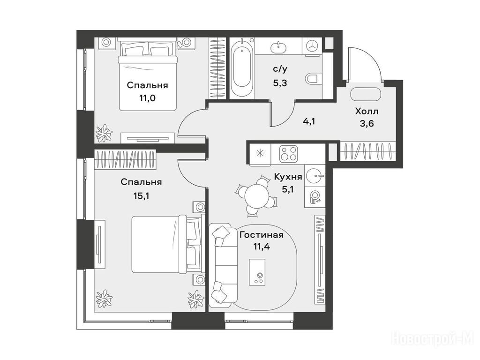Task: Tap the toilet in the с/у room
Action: pos(313,79)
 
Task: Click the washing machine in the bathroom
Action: pos(312,46)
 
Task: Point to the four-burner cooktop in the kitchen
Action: pos(288,154)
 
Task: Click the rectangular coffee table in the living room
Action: pos(257,272)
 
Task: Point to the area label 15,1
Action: pos(141,196)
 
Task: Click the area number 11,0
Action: pos(147,98)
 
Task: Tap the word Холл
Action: pos(367,111)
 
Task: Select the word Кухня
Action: pos(288,177)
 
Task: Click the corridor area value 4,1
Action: pos(308,121)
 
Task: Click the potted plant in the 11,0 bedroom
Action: pos(104,134)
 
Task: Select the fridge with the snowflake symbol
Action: pos(260,154)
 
